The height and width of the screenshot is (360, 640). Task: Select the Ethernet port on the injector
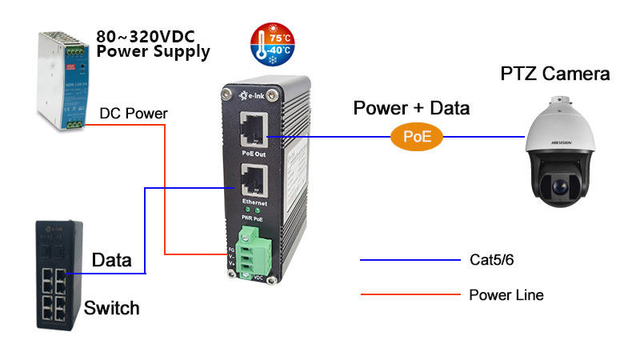point(253,182)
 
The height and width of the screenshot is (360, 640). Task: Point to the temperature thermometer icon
point(271,43)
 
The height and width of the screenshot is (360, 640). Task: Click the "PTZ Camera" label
point(555,74)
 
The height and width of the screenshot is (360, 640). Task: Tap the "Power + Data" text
point(411,108)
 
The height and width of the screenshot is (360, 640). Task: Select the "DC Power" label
point(134,114)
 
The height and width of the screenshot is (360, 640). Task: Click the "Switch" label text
point(112,308)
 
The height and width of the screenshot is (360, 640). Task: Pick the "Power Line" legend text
point(506,295)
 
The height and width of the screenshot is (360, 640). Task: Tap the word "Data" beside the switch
point(112,259)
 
